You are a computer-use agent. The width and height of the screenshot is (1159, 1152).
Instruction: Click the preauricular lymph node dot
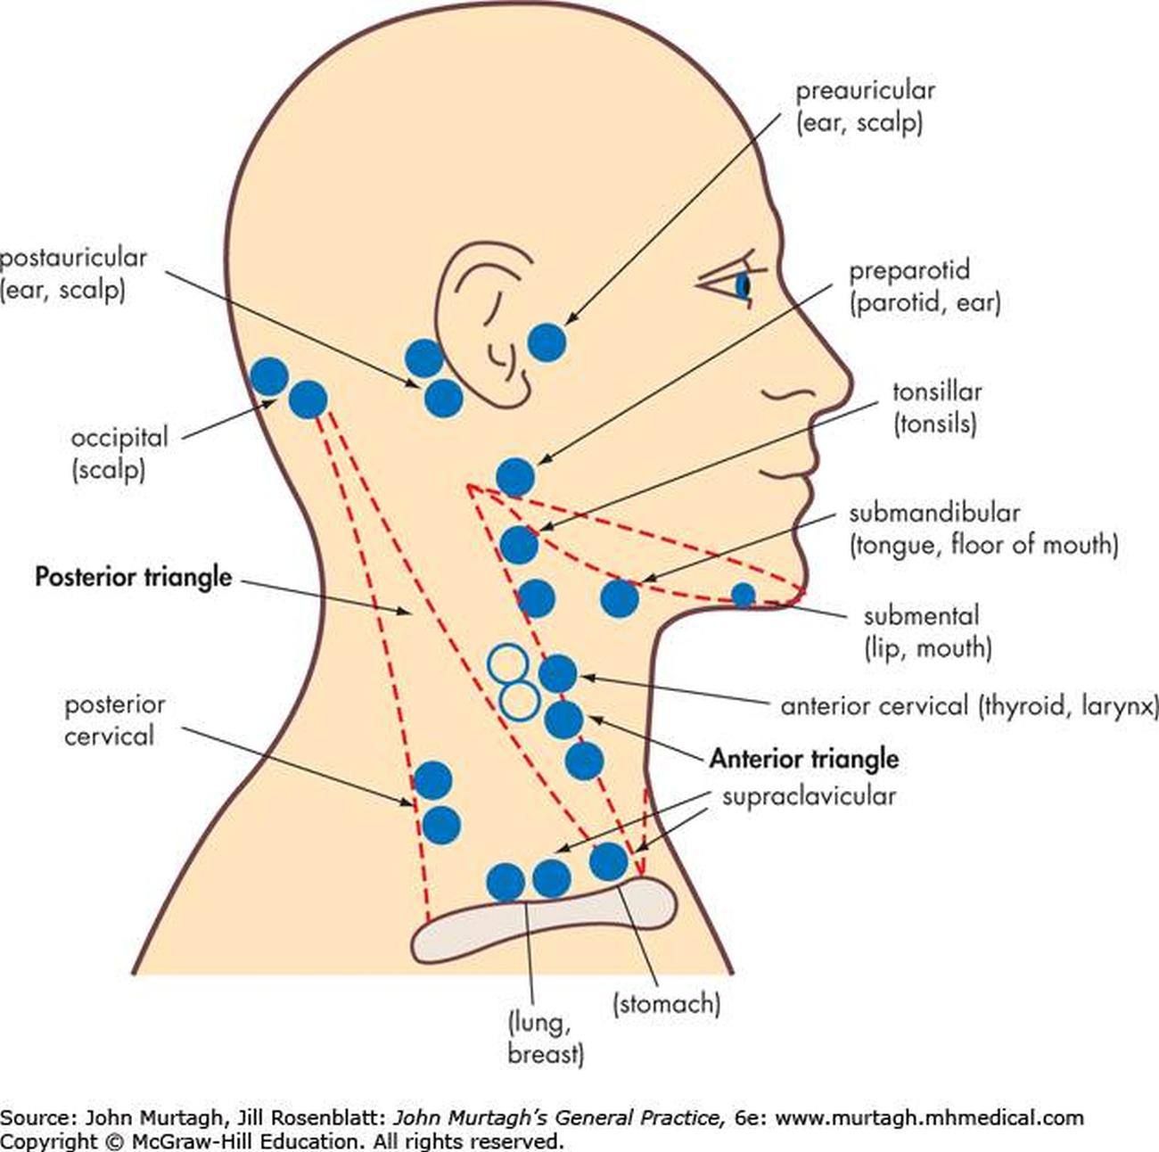coord(547,342)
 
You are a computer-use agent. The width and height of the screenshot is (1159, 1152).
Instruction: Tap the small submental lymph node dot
coord(743,595)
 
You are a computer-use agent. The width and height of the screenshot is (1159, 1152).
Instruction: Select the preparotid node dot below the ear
coord(515,477)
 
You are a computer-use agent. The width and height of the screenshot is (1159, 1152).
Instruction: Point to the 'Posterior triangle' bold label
coord(133,577)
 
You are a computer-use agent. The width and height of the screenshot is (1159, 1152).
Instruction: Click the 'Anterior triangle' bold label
coord(803,759)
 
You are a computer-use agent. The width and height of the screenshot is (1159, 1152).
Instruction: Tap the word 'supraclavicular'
coord(809,795)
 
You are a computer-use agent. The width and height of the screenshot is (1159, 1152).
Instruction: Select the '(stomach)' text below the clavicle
coord(666,1004)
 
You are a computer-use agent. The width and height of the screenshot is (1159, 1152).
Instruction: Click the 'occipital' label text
coord(119,438)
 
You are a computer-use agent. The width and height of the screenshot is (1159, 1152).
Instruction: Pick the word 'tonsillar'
coord(937,391)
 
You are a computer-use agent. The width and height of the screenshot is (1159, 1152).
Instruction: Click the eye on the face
coord(742,284)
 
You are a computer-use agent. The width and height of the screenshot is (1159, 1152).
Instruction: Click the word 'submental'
coord(921,615)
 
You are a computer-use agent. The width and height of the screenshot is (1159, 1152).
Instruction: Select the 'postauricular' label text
coord(73,258)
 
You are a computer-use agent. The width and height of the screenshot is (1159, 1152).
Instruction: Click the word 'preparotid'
coord(908,270)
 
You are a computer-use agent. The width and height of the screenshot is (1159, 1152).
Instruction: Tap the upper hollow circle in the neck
coord(508,663)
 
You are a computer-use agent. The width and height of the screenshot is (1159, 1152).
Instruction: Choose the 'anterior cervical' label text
coord(874,706)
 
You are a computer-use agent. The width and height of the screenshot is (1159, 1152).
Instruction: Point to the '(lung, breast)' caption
coord(545,1038)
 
